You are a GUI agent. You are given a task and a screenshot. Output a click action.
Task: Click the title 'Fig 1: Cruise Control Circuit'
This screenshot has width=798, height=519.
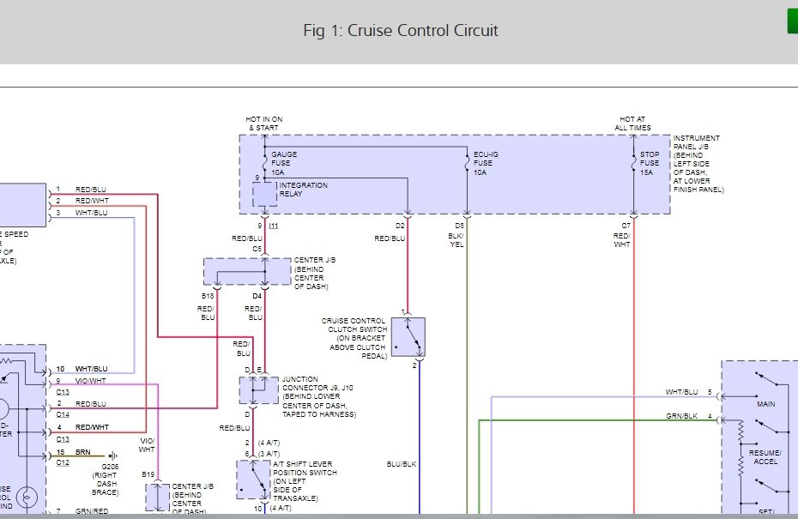tap(400, 31)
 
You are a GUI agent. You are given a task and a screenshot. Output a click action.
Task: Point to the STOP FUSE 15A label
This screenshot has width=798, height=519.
tap(650, 163)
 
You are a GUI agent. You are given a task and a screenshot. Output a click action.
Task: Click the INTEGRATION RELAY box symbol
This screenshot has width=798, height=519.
tap(264, 195)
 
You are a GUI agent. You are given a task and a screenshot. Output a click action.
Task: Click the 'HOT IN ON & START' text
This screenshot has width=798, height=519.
tap(265, 124)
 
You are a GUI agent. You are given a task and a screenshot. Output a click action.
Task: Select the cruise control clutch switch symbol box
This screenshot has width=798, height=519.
tap(408, 337)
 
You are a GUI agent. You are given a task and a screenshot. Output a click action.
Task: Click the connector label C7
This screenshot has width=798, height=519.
tap(626, 226)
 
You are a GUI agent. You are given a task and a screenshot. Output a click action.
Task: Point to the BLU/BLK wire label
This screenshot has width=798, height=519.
tap(402, 464)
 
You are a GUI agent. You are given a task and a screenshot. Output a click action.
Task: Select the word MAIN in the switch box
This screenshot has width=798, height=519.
tap(765, 403)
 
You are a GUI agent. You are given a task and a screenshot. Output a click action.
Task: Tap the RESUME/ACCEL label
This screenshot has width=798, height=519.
tap(765, 456)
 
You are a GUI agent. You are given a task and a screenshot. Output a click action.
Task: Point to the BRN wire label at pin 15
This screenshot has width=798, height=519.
tap(83, 452)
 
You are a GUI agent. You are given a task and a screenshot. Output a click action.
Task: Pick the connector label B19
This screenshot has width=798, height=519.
tap(148, 474)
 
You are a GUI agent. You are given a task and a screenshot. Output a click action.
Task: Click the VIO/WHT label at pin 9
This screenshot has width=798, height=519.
tap(91, 381)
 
